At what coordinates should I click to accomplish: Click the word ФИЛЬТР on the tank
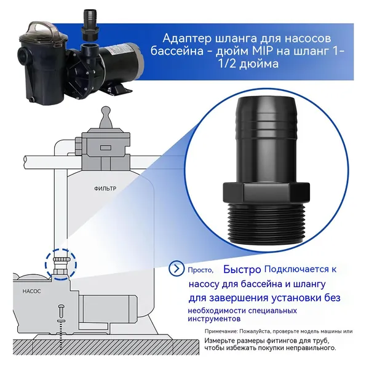point(105,189)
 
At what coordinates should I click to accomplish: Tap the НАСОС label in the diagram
point(31,291)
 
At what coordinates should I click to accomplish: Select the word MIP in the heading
point(262,51)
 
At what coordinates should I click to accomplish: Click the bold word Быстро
point(242,269)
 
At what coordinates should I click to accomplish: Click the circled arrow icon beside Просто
point(177,268)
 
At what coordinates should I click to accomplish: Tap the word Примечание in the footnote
point(221,331)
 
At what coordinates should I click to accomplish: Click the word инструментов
point(214,319)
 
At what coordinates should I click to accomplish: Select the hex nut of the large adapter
point(266,191)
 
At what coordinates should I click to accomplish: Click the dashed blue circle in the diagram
point(61,264)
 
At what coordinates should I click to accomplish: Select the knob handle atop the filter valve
point(106,117)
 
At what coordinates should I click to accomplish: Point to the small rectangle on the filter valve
point(104,148)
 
